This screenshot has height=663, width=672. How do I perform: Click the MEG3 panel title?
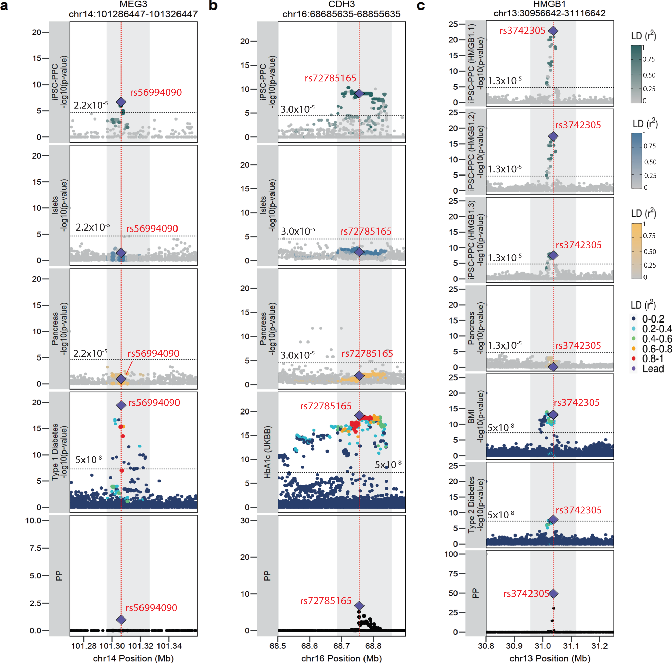tap(133, 4)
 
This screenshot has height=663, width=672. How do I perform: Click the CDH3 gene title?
tap(341, 4)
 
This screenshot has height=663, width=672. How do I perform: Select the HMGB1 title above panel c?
tap(549, 4)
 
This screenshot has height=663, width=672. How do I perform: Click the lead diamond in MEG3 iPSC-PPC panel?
tap(121, 102)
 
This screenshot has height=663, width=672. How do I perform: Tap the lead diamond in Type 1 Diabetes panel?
tap(121, 405)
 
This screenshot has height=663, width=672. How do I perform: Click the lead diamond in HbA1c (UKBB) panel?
tap(359, 415)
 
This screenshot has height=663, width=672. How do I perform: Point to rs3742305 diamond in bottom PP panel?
tap(553, 593)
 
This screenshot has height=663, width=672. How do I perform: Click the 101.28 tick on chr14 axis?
tap(83, 646)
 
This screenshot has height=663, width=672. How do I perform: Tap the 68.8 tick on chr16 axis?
tap(373, 646)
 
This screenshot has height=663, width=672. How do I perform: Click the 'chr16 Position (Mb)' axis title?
tap(341, 658)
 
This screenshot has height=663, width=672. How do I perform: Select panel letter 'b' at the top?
tap(213, 6)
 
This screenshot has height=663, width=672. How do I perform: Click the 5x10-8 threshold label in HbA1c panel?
tap(388, 465)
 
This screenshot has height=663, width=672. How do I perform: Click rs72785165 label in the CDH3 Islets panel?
tap(366, 231)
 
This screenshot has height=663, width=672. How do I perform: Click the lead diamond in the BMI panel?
tap(553, 415)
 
